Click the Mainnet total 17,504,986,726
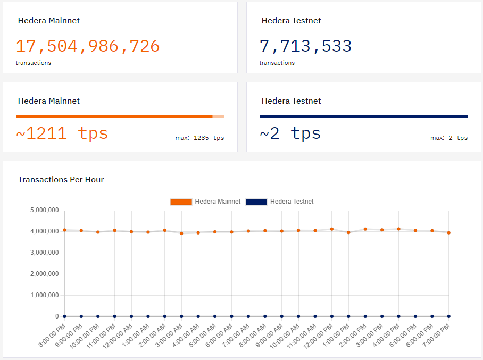pyautogui.click(x=88, y=46)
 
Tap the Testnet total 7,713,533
pyautogui.click(x=305, y=46)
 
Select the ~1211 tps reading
pyautogui.click(x=62, y=133)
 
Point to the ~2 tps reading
pyautogui.click(x=290, y=133)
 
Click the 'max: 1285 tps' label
pyautogui.click(x=199, y=138)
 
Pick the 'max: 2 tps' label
pyautogui.click(x=449, y=138)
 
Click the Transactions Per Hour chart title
pyautogui.click(x=61, y=180)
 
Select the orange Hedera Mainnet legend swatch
pyautogui.click(x=180, y=202)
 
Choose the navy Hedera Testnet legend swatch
pyautogui.click(x=256, y=202)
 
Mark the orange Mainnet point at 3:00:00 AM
pyautogui.click(x=181, y=233)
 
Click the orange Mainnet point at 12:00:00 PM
pyautogui.click(x=332, y=229)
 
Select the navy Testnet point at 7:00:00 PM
pyautogui.click(x=449, y=316)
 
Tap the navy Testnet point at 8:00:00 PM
pyautogui.click(x=64, y=316)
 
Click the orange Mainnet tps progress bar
pyautogui.click(x=114, y=116)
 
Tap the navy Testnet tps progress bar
pyautogui.click(x=363, y=116)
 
